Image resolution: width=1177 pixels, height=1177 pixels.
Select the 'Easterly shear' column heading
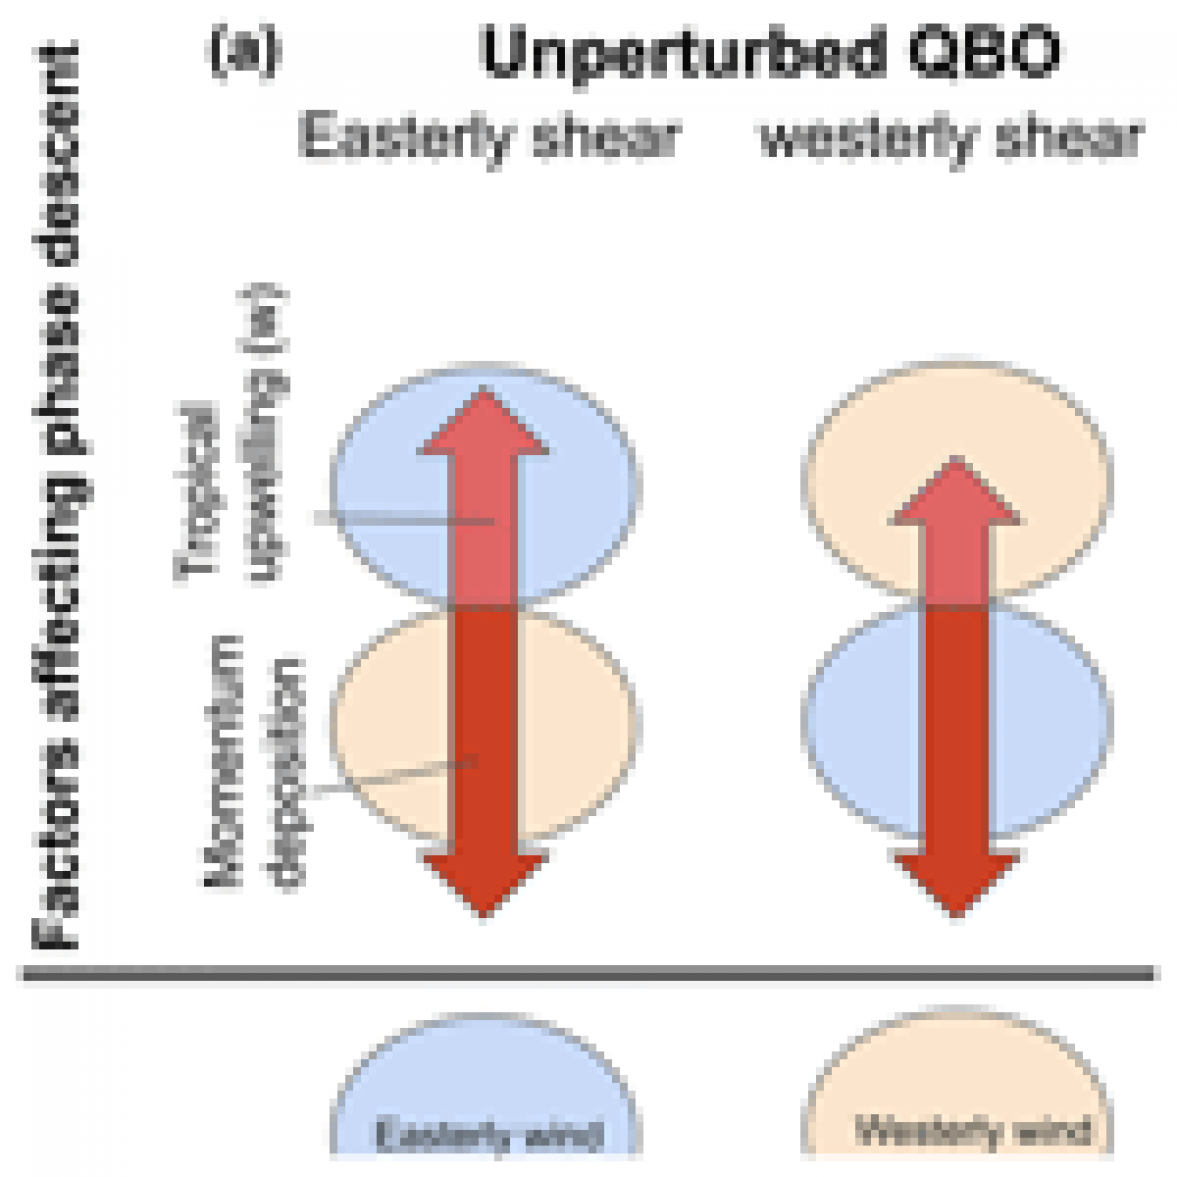pyautogui.click(x=489, y=136)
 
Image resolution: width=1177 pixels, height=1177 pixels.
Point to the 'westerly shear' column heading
pyautogui.click(x=951, y=138)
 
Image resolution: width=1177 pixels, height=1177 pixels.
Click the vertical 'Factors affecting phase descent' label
pyautogui.click(x=57, y=495)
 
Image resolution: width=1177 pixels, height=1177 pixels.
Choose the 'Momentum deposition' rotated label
pyautogui.click(x=251, y=760)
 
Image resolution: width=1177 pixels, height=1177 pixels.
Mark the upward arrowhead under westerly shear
pyautogui.click(x=955, y=492)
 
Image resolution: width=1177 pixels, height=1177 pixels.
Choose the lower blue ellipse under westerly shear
pyautogui.click(x=860, y=720)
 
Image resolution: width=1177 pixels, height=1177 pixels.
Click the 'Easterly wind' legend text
pyautogui.click(x=489, y=1134)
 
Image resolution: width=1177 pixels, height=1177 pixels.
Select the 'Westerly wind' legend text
pyautogui.click(x=971, y=1131)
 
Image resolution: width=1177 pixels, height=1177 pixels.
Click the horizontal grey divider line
pyautogui.click(x=590, y=972)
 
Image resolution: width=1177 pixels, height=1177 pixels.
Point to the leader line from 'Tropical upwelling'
pyautogui.click(x=400, y=519)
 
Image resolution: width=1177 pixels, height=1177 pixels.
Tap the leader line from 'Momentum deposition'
pyautogui.click(x=395, y=776)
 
